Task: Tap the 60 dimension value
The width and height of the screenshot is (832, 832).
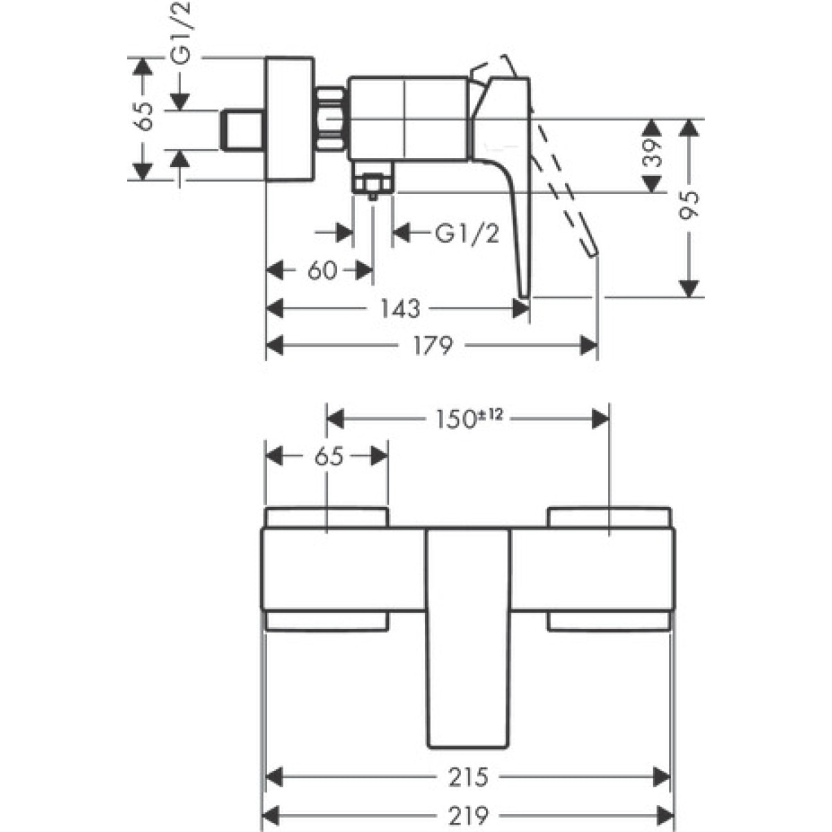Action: coord(322,270)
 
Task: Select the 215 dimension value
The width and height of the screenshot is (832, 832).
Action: coord(467,777)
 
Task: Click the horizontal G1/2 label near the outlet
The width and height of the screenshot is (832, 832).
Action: coord(467,234)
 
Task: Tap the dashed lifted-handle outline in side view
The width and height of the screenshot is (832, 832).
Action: coord(565,187)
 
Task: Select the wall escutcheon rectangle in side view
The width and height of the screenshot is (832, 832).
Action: coord(290,119)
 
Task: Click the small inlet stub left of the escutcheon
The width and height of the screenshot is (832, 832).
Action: coord(241,130)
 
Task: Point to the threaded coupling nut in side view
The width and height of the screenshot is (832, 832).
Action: coord(332,118)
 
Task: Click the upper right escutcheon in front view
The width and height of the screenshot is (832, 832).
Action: coord(609,518)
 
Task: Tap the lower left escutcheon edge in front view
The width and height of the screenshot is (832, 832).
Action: coord(326,621)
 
